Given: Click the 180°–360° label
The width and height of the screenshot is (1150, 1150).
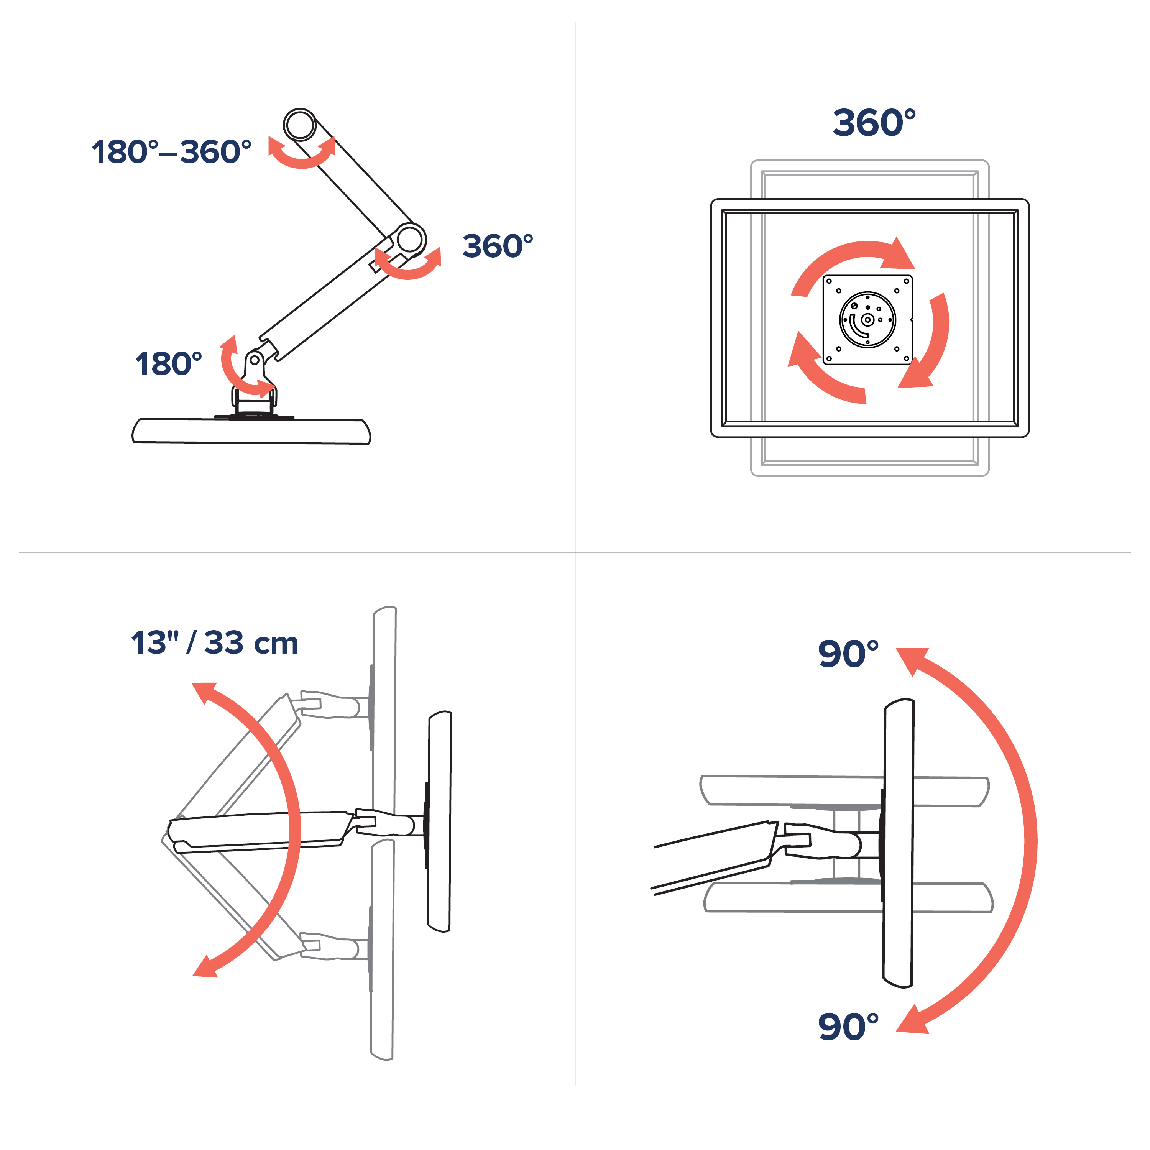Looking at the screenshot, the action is [171, 152].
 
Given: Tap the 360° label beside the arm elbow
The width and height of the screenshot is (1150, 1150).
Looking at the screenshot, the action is [498, 246].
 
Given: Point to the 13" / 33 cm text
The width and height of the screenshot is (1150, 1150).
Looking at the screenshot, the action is [214, 643].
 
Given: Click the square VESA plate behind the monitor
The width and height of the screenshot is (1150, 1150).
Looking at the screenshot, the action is [867, 320].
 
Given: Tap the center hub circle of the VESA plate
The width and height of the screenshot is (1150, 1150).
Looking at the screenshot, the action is [867, 320].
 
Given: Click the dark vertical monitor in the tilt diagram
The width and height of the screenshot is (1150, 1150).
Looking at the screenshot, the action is [898, 843].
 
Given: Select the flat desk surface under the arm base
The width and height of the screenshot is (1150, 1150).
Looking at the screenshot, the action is [251, 431].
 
